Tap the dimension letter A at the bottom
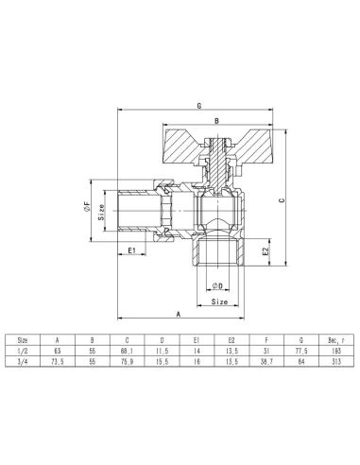180,313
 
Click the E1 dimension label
133,250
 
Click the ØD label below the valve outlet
217,285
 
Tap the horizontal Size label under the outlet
218,302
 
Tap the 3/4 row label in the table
23,361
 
